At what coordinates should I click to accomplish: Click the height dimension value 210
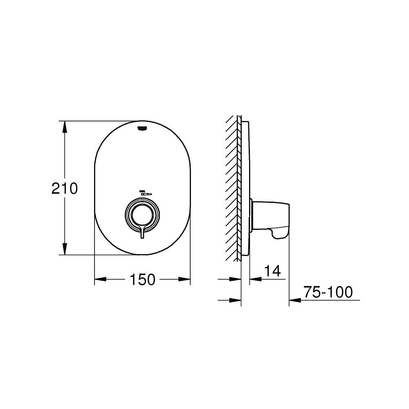(65, 189)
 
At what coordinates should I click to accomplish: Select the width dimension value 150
(143, 280)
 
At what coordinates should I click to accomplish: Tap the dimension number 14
(272, 271)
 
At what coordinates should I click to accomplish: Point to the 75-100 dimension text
(328, 292)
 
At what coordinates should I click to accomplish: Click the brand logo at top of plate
(143, 128)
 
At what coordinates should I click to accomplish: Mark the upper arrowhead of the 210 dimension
(65, 127)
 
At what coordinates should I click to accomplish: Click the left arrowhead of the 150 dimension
(100, 280)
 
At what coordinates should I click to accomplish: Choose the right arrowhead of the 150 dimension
(185, 280)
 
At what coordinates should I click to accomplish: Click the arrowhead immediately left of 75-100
(295, 300)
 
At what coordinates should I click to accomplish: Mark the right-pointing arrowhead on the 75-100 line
(236, 300)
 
